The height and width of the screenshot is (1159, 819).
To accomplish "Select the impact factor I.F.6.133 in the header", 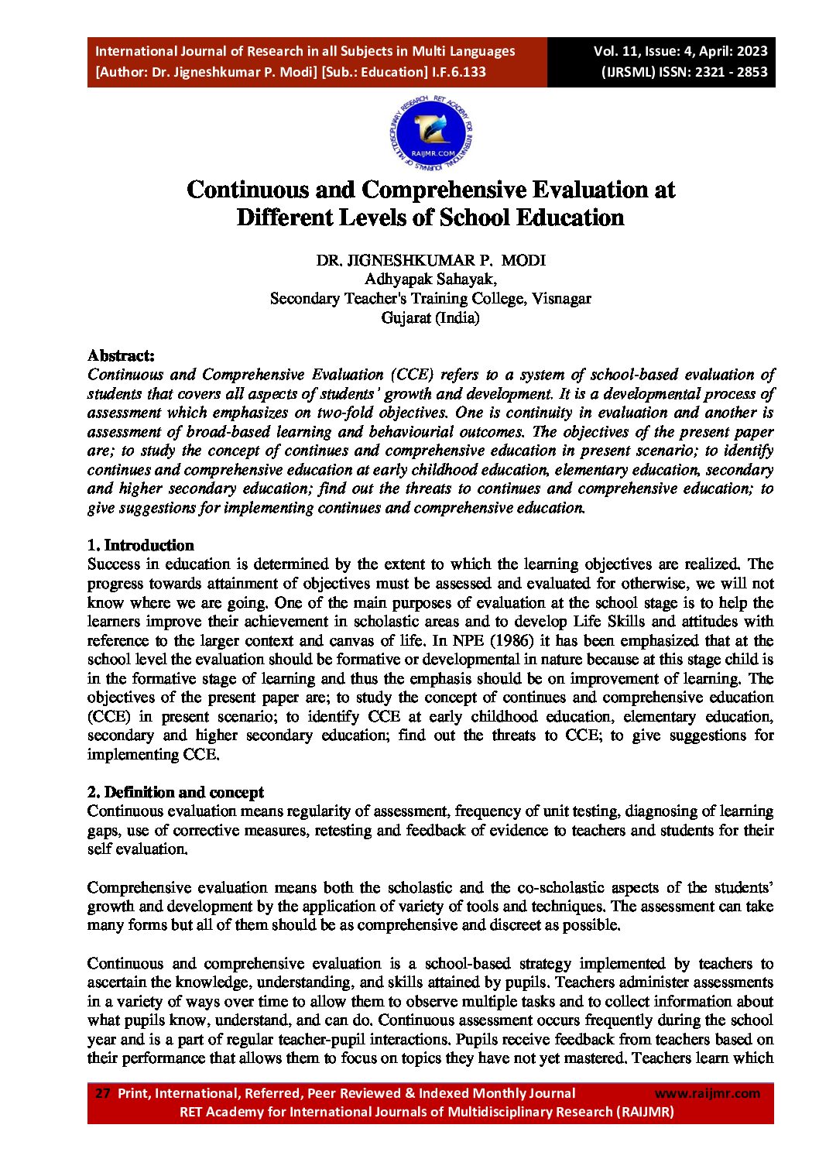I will (x=460, y=72).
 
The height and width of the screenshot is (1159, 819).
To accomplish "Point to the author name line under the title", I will (x=430, y=260).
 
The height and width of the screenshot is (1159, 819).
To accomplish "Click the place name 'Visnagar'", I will (x=561, y=298).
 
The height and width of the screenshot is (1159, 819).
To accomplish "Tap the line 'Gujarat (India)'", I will (x=430, y=317).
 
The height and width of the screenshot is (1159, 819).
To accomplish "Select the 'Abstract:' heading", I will (x=121, y=355).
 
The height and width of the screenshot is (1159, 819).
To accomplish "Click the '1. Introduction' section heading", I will (x=140, y=545).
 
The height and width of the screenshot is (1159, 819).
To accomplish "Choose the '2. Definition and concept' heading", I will (x=175, y=792).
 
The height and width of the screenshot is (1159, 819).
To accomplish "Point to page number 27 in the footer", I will (x=102, y=1093).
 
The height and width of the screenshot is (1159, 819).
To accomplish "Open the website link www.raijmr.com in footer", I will (x=708, y=1093).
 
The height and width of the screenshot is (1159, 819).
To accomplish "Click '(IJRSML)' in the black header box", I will (x=628, y=72).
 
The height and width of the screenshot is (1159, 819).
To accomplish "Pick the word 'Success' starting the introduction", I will (x=115, y=564).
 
